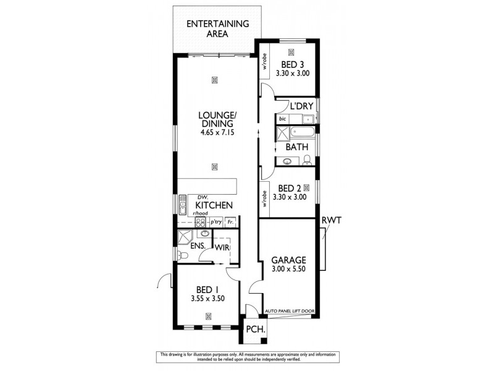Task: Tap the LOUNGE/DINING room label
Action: (215, 119)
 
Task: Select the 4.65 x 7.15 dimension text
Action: (215, 133)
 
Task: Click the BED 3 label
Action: (292, 64)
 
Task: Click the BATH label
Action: (297, 147)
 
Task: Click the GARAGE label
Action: (289, 260)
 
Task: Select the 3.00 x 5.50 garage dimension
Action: (289, 270)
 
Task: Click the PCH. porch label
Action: (255, 330)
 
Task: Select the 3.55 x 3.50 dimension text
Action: (207, 298)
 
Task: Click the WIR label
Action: (223, 247)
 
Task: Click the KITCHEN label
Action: (214, 205)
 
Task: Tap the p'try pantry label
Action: (216, 221)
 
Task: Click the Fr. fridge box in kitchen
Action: (231, 221)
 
